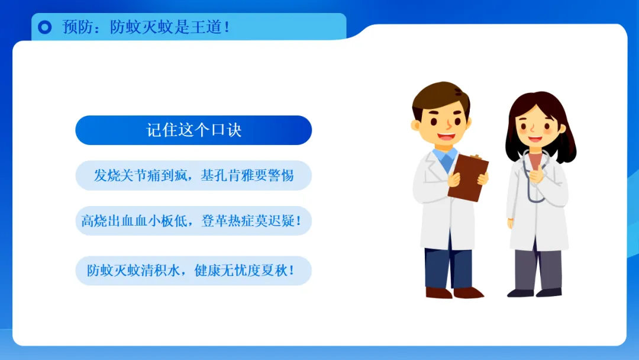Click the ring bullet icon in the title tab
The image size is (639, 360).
[x=45, y=27]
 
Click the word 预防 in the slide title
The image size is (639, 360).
[x=76, y=27]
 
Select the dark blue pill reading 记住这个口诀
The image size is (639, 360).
[x=193, y=130]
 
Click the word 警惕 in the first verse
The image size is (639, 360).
[x=281, y=176]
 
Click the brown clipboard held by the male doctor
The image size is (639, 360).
[x=468, y=178]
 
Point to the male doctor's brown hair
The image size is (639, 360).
[x=440, y=98]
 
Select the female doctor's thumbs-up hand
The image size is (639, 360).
[x=537, y=174]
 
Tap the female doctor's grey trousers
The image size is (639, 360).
[x=537, y=269]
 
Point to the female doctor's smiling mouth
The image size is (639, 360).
[x=535, y=139]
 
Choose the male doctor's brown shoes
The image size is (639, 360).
[x=454, y=292]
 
